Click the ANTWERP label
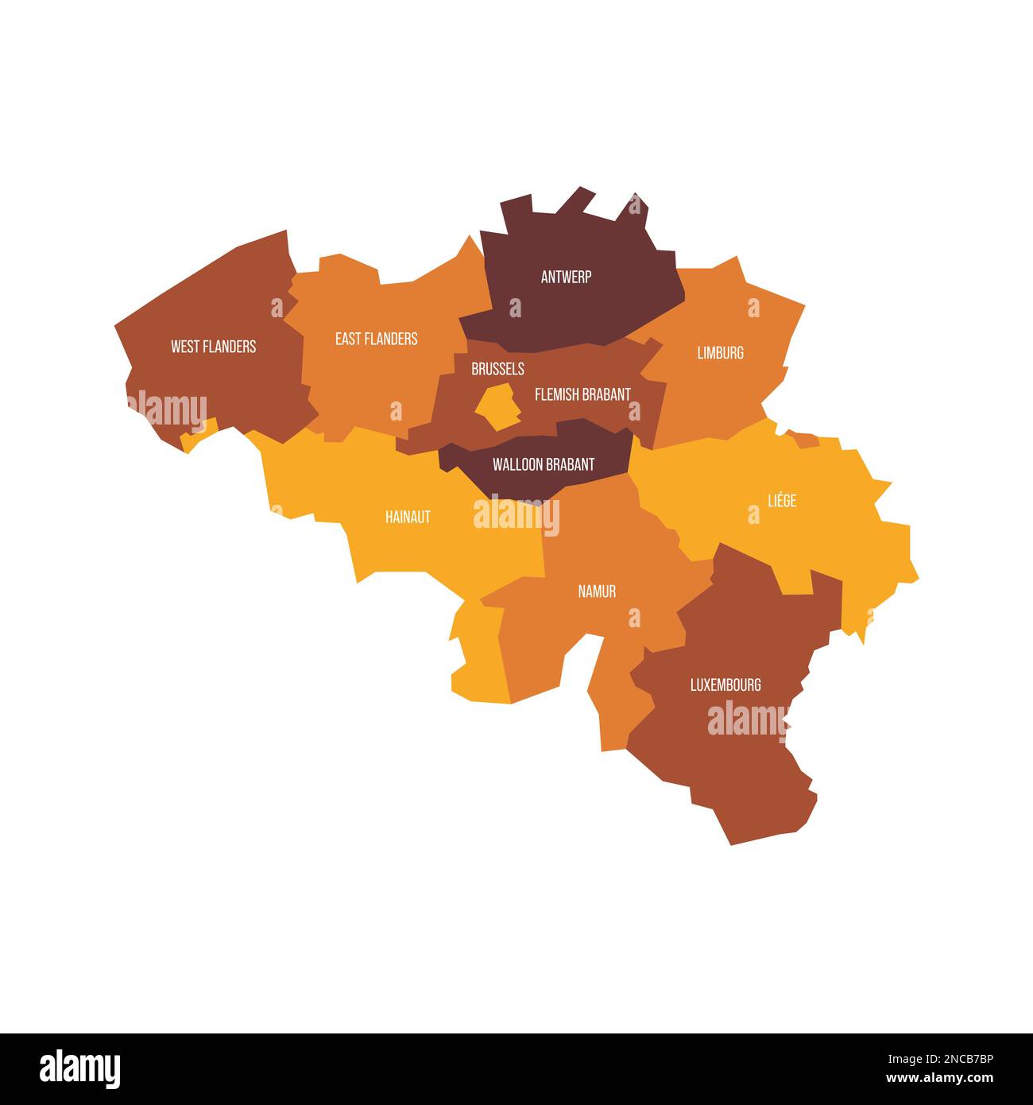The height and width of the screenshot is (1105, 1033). pos(566,277)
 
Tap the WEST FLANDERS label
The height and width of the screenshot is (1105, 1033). pos(213,347)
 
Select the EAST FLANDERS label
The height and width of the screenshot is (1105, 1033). pos(376,339)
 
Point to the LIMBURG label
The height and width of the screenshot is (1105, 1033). pos(720,352)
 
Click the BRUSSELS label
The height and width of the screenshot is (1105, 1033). pos(497,369)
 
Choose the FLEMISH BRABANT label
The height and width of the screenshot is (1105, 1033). pos(582,394)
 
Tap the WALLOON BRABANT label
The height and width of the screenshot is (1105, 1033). pos(544,464)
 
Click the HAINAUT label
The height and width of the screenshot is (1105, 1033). pos(408,517)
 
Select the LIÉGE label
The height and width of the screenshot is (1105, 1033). pos(782,501)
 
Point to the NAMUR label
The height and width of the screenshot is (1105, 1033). pos(597,591)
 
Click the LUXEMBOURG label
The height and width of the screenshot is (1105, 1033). pos(725,684)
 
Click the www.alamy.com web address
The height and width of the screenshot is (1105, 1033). pos(942,1079)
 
